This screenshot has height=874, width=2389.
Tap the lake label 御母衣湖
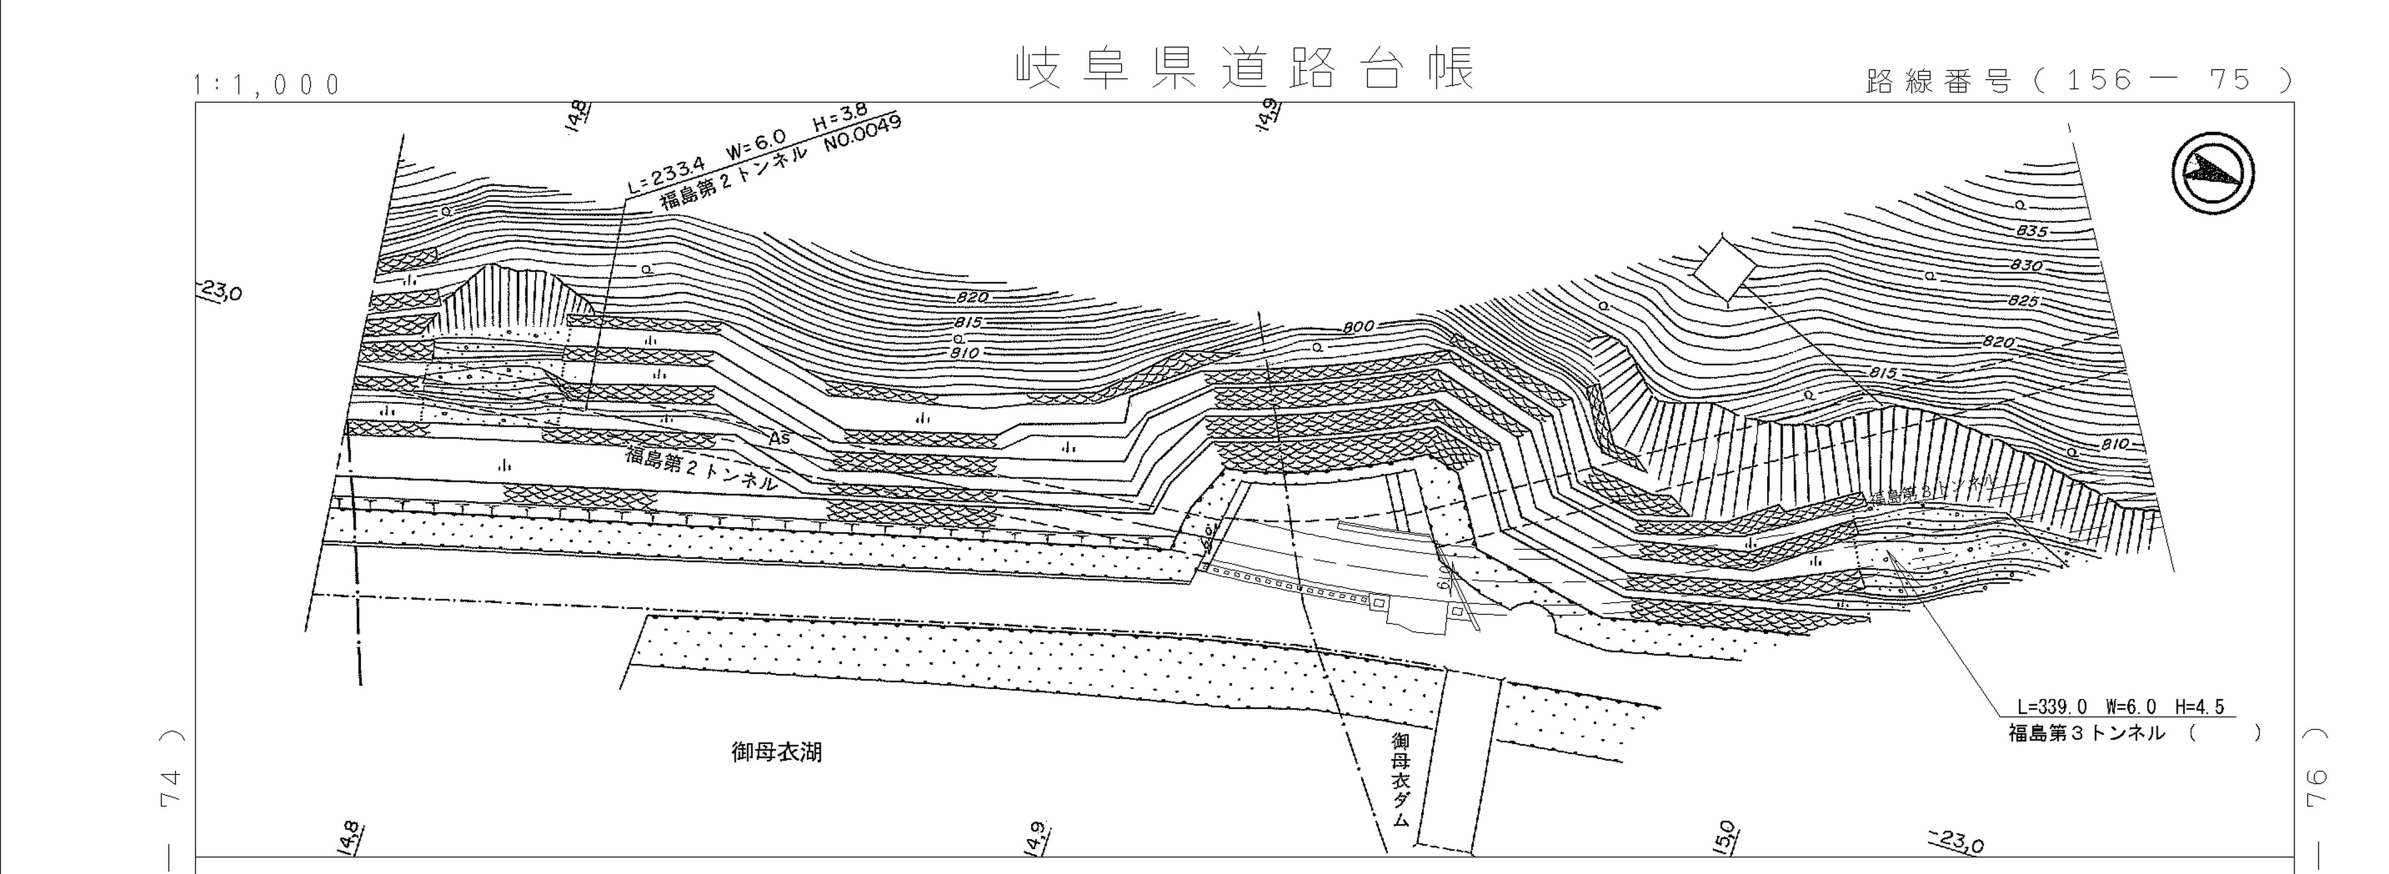tap(776, 752)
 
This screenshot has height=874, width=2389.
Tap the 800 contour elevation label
tap(1358, 326)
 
